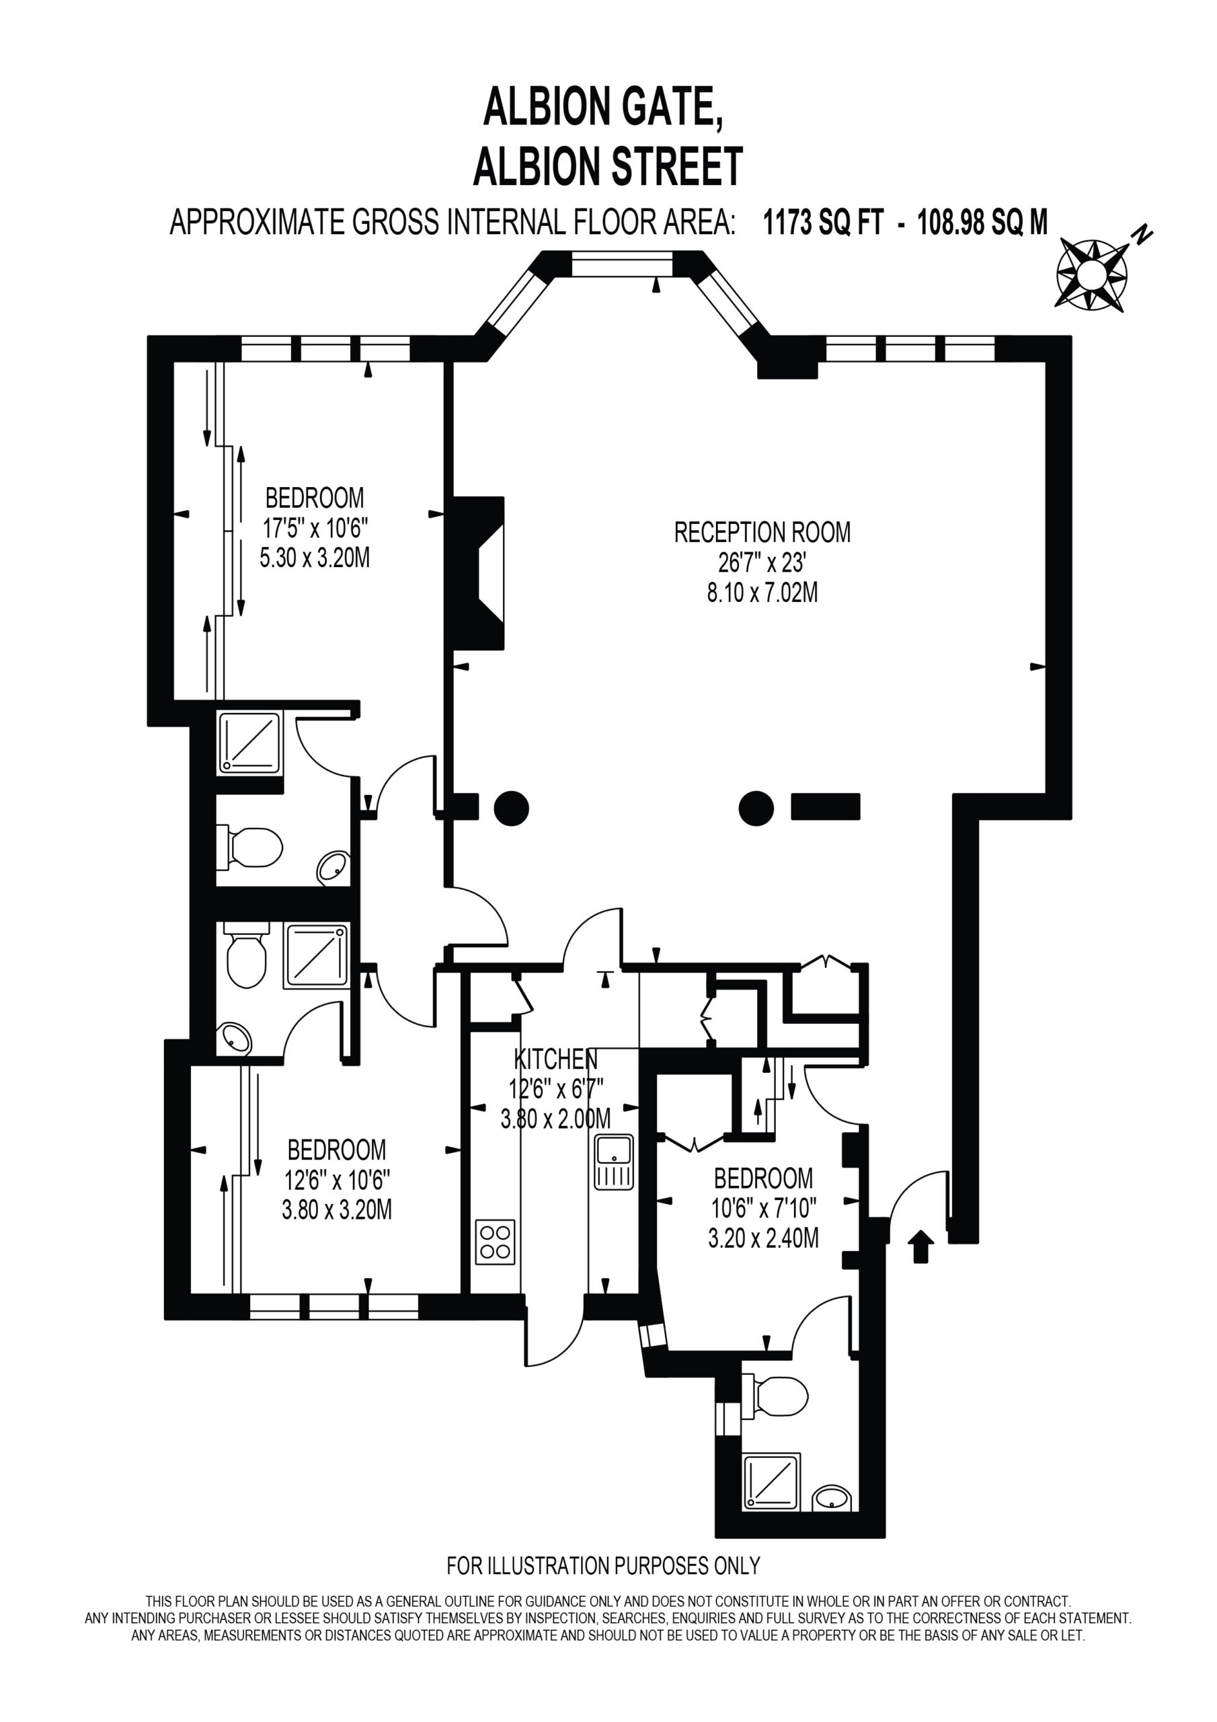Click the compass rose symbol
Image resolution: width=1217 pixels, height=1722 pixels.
(x=1092, y=274)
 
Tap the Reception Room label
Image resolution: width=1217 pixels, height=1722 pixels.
(x=762, y=533)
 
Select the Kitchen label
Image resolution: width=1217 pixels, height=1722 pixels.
(x=555, y=1059)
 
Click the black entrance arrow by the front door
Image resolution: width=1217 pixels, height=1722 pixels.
(x=920, y=1246)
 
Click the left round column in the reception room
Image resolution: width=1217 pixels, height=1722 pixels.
(x=512, y=809)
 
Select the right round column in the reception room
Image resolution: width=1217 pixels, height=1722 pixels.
(x=756, y=809)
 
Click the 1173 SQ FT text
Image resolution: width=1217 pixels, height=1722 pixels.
(x=822, y=223)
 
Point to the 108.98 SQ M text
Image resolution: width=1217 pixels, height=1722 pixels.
(x=982, y=223)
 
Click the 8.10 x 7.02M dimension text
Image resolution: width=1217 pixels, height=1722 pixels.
(x=762, y=593)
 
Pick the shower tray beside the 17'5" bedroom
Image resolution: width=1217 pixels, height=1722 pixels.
(x=249, y=744)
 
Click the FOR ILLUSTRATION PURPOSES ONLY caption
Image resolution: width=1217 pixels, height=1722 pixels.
(x=604, y=1565)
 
